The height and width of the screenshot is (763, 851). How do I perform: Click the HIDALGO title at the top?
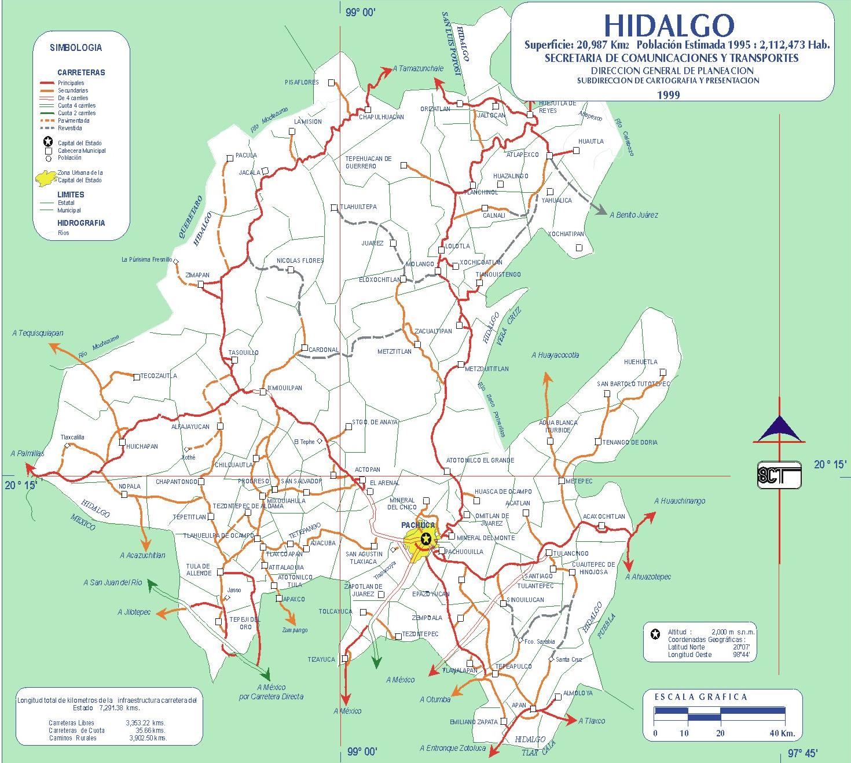[x=669, y=25]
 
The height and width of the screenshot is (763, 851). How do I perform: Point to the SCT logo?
[x=779, y=475]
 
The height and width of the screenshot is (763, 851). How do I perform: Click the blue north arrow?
[x=779, y=428]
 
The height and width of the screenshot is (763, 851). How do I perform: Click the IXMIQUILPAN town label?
[x=285, y=388]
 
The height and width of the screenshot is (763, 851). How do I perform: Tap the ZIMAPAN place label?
[x=197, y=275]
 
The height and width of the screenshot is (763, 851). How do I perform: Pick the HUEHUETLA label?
[x=640, y=362]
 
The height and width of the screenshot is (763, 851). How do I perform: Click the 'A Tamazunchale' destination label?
[x=417, y=68]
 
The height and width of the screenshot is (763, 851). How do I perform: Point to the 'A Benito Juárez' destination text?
[x=634, y=215]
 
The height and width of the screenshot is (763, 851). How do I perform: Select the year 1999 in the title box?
[x=668, y=95]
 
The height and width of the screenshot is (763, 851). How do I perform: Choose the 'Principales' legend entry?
[x=71, y=83]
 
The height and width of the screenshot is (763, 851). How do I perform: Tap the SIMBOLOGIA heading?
[x=75, y=48]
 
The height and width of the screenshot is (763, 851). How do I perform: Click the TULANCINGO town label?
[x=570, y=553]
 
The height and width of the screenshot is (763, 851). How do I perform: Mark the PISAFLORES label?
[x=302, y=82]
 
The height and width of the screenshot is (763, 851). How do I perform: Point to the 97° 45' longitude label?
[x=802, y=753]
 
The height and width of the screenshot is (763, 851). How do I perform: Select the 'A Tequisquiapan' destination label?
[x=38, y=333]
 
